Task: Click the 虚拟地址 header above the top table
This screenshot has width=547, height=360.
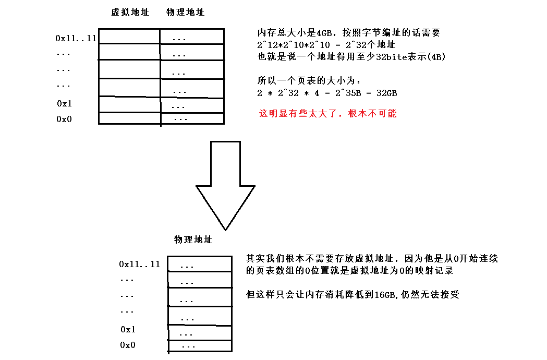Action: point(130,12)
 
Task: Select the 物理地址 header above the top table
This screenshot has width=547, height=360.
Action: point(185,12)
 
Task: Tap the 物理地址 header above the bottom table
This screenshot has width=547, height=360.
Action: point(193,239)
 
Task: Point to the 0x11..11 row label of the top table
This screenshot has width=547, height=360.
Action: point(76,38)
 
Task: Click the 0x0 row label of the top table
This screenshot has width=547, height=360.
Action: point(64,119)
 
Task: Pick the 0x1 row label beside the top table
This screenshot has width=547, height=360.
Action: point(64,103)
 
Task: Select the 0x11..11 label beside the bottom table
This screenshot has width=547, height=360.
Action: point(139,264)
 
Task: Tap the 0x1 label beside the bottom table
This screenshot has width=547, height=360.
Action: point(128,329)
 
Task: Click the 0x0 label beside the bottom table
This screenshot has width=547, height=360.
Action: point(128,345)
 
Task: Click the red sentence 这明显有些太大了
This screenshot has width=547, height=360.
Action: point(327,113)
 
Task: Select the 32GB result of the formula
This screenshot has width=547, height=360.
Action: point(386,93)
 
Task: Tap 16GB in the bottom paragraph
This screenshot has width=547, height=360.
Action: point(386,295)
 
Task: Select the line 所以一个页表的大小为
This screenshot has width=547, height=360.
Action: point(309,81)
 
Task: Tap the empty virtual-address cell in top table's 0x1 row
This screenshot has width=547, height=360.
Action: point(129,104)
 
